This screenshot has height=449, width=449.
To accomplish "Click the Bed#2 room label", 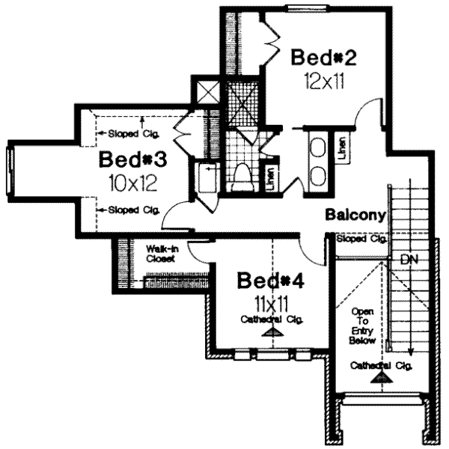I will tap(322, 58).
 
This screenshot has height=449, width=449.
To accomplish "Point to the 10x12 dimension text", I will tap(132, 182).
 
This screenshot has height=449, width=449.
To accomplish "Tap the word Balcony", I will tap(355, 216).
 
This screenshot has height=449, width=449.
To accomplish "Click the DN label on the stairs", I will tap(409, 260).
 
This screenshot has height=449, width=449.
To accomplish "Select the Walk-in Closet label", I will tap(161, 252).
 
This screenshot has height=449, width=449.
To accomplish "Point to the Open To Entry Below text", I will tap(363, 325).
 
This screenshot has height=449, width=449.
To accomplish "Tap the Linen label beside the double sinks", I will tap(341, 147).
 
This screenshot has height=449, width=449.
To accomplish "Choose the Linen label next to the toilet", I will tap(269, 178).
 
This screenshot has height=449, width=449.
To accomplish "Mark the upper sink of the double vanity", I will tap(317, 146).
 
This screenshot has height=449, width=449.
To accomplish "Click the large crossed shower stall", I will tap(241, 103).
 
